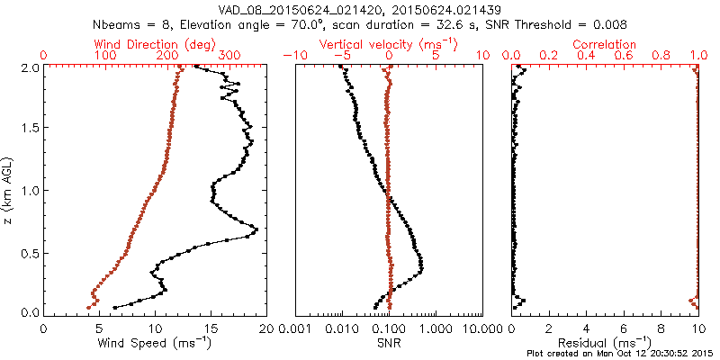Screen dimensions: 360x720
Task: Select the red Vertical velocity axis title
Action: pyautogui.click(x=388, y=44)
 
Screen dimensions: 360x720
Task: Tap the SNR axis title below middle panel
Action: pyautogui.click(x=388, y=343)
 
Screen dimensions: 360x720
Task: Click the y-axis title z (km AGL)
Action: pyautogui.click(x=10, y=190)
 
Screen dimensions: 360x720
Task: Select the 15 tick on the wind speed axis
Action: pyautogui.click(x=211, y=328)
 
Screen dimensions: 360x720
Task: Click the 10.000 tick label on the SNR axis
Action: pyautogui.click(x=482, y=328)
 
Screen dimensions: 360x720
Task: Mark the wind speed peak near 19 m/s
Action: pyautogui.click(x=256, y=230)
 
